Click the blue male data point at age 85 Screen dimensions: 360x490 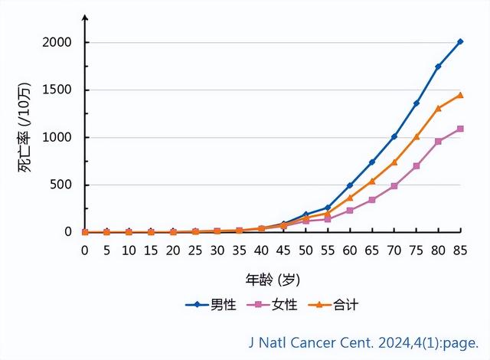click(x=460, y=42)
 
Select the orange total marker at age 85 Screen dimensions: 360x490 click(x=460, y=95)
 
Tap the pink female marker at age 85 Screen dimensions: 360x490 click(x=460, y=129)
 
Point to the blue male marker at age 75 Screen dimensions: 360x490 click(x=416, y=103)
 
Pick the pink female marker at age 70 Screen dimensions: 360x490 click(x=394, y=186)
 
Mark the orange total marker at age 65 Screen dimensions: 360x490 click(x=372, y=182)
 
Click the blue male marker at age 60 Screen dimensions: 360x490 click(x=350, y=185)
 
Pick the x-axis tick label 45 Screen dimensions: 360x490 click(x=283, y=250)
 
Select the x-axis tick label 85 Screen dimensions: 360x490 click(x=460, y=250)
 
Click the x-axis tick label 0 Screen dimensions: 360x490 click(x=85, y=250)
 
